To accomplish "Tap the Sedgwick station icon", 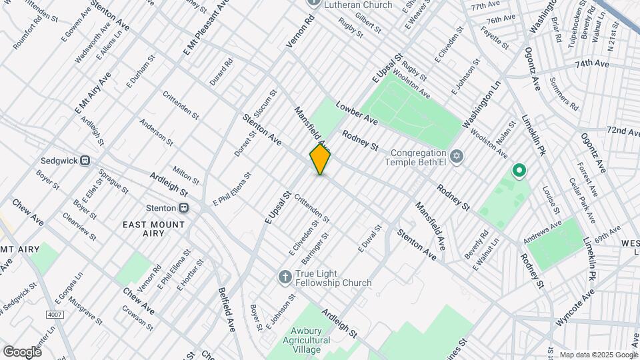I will pyautogui.click(x=85, y=161).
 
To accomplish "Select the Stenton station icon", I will pyautogui.click(x=183, y=207).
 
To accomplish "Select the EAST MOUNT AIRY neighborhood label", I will pyautogui.click(x=154, y=231).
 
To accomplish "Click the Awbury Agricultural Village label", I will pyautogui.click(x=307, y=340).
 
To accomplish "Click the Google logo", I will pyautogui.click(x=22, y=351).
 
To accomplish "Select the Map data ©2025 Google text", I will pyautogui.click(x=597, y=355).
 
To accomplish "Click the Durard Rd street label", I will pyautogui.click(x=221, y=71).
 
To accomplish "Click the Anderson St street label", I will pyautogui.click(x=155, y=132).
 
